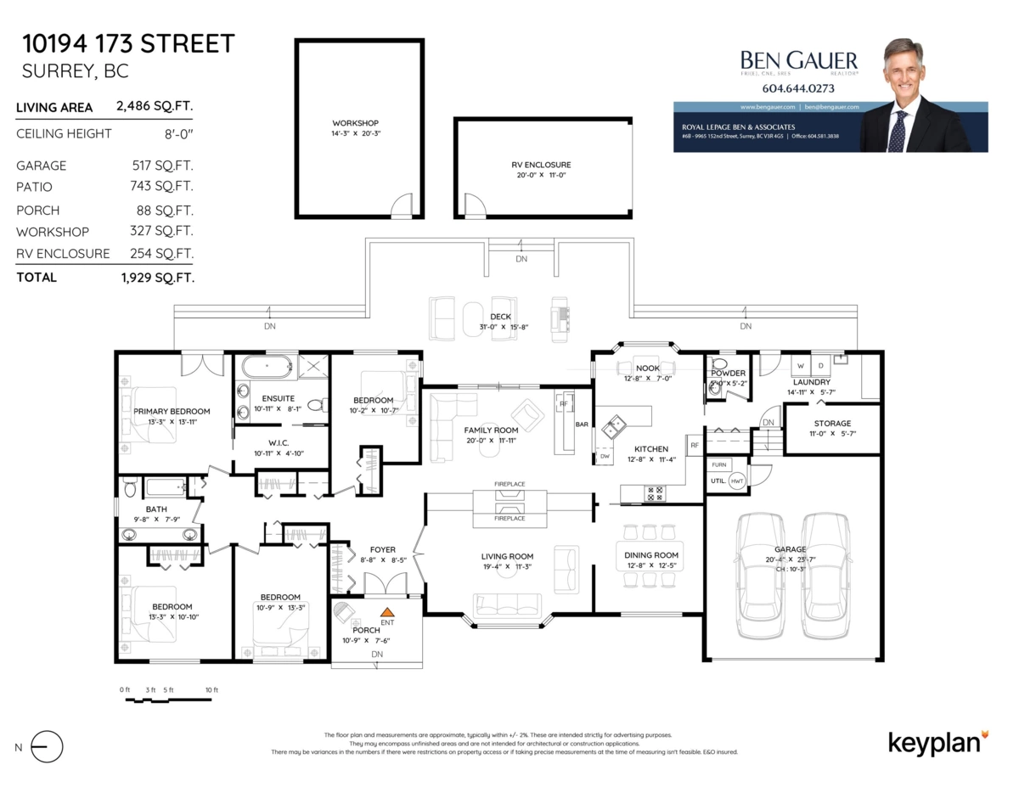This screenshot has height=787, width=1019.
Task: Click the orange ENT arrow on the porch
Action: pos(388,611)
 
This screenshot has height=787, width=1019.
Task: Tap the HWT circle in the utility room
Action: pos(736,480)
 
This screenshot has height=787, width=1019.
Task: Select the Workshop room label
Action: pos(355,123)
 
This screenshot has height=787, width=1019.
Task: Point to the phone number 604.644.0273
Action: pos(798,88)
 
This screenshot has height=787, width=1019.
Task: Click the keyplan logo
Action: pos(937,741)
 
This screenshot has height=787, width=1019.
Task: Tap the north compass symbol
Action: pos(47,746)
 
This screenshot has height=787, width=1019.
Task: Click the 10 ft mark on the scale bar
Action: pos(211,689)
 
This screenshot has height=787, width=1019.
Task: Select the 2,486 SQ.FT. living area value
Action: pos(155,107)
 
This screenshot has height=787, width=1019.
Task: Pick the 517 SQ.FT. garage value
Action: pos(162,166)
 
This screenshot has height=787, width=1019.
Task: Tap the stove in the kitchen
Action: pos(654,492)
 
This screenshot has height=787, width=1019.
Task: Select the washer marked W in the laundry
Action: pos(799,366)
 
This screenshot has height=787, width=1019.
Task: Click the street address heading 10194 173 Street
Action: pos(127,43)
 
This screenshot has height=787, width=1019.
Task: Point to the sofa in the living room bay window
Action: pos(507,605)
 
